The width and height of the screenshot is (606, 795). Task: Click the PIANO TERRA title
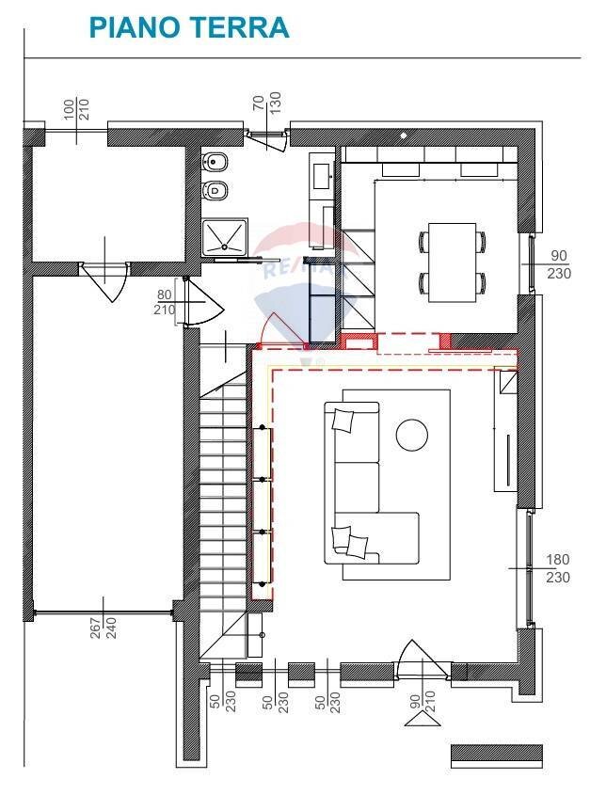coord(188,27)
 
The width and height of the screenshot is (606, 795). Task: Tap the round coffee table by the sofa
coord(411,434)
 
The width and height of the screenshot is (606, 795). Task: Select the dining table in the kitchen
coord(453,262)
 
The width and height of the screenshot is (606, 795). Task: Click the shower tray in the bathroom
coord(226,236)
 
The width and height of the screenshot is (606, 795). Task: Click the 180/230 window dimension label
coord(558,568)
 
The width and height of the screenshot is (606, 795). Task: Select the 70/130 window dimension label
coord(268,108)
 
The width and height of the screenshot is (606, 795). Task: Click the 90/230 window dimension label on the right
coord(558,264)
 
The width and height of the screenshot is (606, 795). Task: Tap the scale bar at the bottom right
coord(497,755)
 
